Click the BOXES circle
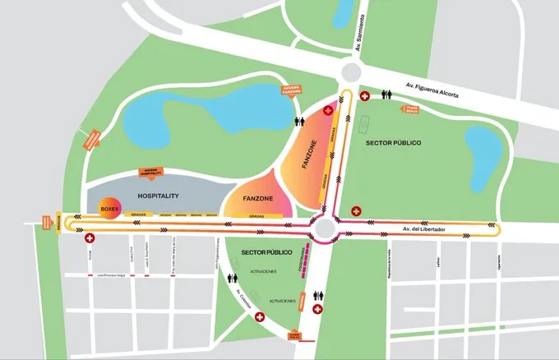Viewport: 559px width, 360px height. [109, 209]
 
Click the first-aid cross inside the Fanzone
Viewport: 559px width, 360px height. [330, 109]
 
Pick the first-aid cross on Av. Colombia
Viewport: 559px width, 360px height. [261, 316]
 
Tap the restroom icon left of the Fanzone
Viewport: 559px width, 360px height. [301, 120]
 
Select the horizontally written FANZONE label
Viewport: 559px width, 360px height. [255, 198]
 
